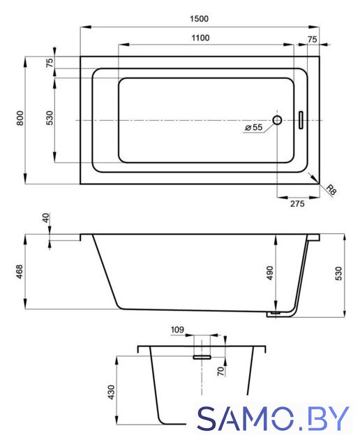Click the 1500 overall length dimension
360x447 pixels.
point(199,19)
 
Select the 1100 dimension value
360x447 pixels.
point(200,38)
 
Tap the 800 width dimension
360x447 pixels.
point(20,118)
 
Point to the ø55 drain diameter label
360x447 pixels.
point(253,127)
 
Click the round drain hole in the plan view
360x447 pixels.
point(277,120)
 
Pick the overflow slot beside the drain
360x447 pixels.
point(301,120)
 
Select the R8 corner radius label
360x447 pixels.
point(331,190)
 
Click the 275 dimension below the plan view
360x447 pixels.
point(297,203)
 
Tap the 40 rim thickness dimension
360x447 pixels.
point(46,218)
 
